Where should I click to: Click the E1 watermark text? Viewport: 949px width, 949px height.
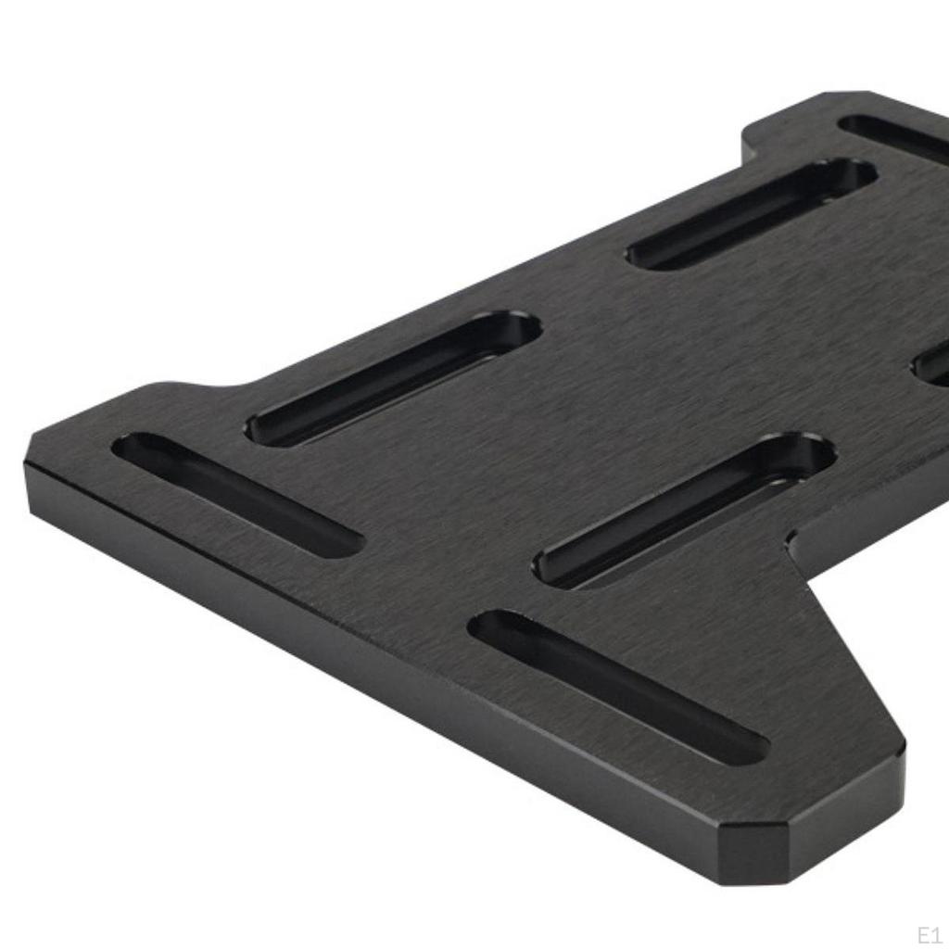pos(929,932)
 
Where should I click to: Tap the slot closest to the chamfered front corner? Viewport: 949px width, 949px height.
pos(618,686)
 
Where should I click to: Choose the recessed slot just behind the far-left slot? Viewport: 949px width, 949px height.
pos(393,377)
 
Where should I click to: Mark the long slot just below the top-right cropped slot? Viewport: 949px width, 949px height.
pos(751,213)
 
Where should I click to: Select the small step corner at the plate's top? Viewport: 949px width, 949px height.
pos(749,139)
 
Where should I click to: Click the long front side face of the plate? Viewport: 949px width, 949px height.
pos(371,667)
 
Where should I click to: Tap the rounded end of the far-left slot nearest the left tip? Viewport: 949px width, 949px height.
pos(130,447)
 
